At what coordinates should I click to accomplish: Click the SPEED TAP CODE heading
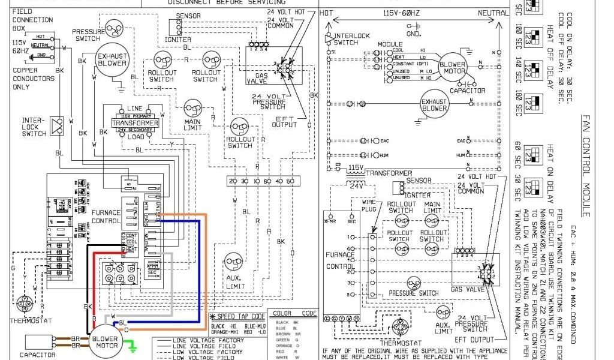click(x=239, y=316)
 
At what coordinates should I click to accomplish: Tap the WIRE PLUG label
click(x=369, y=208)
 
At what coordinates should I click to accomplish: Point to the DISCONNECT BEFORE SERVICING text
click(x=218, y=2)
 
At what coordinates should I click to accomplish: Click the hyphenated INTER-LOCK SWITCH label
click(x=34, y=127)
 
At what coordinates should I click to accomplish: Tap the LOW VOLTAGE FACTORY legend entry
click(x=200, y=352)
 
